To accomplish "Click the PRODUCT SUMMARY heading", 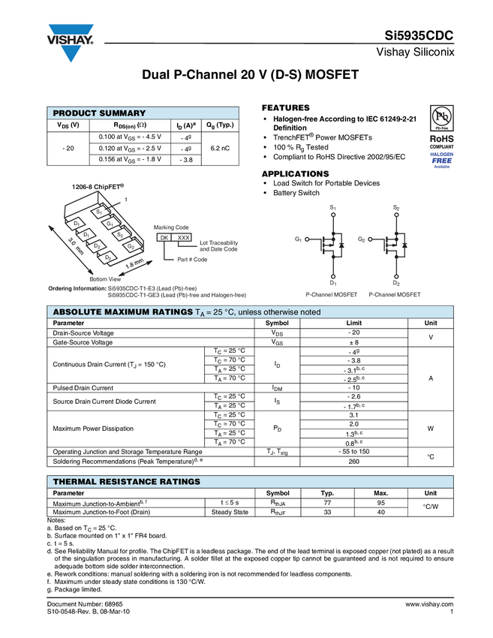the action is coord(99,113).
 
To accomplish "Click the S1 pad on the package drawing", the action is coord(99,212).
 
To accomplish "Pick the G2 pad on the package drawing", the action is coord(131,246).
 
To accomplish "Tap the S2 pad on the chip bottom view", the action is coord(119,235).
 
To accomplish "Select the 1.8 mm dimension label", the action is coord(134,266).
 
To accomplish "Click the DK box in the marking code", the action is coord(163,237).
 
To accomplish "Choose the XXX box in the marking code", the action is coord(182,237).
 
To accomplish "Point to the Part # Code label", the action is coord(192,260).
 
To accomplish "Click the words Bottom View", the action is coord(104,279).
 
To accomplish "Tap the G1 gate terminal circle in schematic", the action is coord(306,239).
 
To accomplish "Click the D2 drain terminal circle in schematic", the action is coord(396,275).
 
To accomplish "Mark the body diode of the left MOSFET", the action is coord(341,245).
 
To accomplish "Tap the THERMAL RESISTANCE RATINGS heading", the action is coord(126,481).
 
